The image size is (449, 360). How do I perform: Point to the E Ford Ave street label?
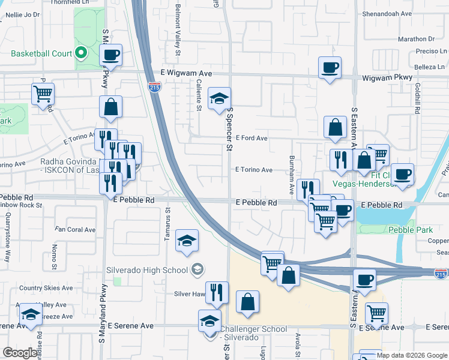point(252,138)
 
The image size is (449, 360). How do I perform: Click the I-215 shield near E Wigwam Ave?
point(154,88)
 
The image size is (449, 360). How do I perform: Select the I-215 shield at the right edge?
point(441,274)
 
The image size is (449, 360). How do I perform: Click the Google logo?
point(20,353)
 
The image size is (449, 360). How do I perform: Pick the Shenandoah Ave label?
point(387,13)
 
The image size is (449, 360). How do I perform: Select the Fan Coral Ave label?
point(75,230)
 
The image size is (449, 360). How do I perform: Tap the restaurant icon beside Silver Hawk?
point(217,292)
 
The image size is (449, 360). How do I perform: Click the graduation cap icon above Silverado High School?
point(187,241)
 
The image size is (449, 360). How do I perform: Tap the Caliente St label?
point(198,94)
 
